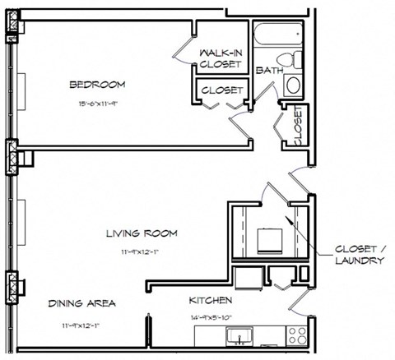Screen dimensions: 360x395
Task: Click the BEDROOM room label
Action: [96, 85]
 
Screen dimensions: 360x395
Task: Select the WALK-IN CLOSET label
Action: [220, 58]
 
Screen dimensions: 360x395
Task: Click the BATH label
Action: [265, 72]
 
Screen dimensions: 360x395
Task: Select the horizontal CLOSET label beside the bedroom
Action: [221, 90]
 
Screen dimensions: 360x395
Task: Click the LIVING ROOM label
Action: [142, 233]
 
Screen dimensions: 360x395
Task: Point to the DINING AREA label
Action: [81, 303]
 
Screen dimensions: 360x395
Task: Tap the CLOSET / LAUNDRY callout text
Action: [360, 254]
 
